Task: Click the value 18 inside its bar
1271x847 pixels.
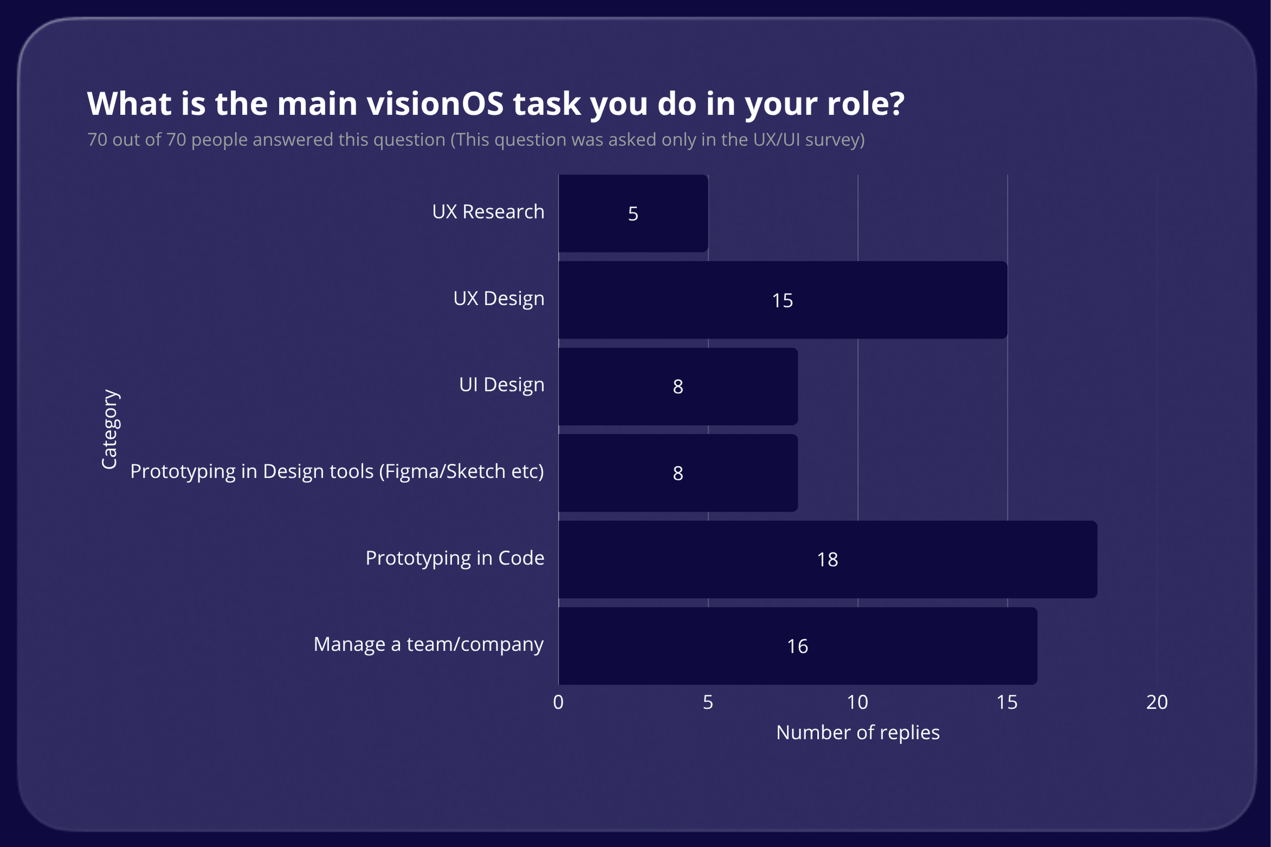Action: [827, 560]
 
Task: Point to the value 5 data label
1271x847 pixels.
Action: [633, 214]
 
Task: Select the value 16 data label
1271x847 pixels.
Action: [797, 646]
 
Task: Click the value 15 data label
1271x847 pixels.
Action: [782, 300]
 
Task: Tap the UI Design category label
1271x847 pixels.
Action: [501, 384]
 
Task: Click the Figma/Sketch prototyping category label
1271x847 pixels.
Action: [337, 471]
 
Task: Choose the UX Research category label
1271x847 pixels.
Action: [488, 211]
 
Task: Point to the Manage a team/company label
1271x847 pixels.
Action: [428, 644]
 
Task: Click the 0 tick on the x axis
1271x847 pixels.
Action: [558, 702]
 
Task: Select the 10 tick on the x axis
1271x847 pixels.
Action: [857, 702]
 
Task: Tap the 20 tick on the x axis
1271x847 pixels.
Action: [1157, 702]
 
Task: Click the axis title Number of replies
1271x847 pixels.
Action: [857, 733]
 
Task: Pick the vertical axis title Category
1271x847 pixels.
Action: [110, 429]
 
